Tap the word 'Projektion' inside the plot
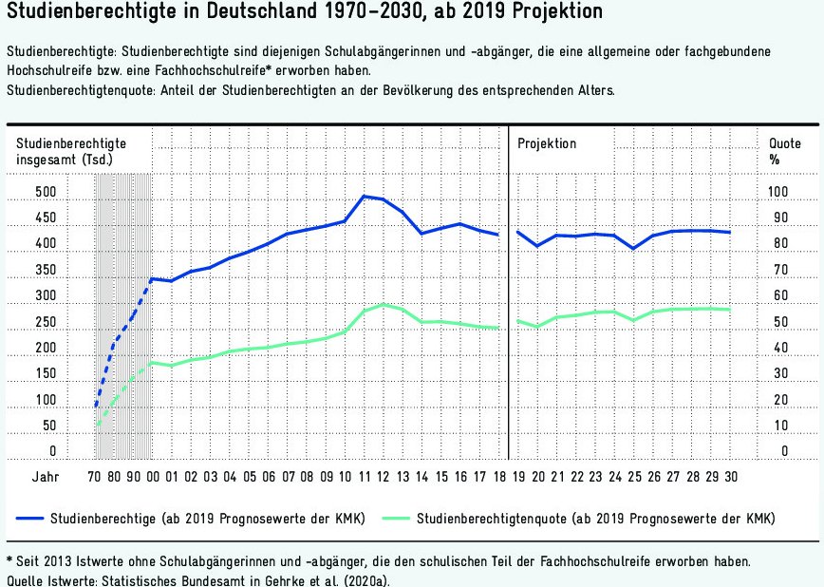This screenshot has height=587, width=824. pyautogui.click(x=547, y=143)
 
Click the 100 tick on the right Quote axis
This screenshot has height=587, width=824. pyautogui.click(x=778, y=193)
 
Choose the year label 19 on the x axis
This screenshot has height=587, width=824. pyautogui.click(x=518, y=476)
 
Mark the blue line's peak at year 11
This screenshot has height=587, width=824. pyautogui.click(x=365, y=197)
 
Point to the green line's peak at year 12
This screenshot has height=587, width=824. pyautogui.click(x=384, y=304)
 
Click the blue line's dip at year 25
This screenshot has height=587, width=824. pyautogui.click(x=633, y=249)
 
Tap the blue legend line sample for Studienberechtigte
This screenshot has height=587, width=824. pyautogui.click(x=47, y=519)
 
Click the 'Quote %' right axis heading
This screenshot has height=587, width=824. pyautogui.click(x=784, y=151)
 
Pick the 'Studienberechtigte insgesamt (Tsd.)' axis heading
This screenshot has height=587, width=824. pyautogui.click(x=71, y=151)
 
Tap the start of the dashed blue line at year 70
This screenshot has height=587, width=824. pyautogui.click(x=96, y=407)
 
